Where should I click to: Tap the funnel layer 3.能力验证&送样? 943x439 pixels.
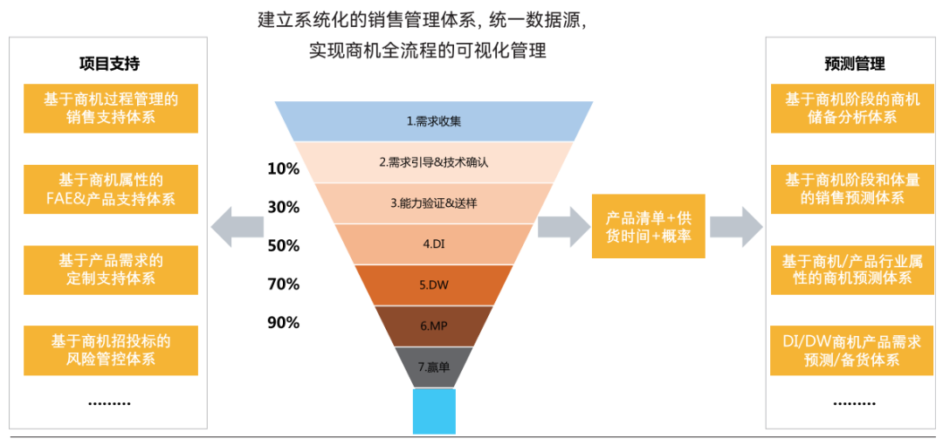point(433,202)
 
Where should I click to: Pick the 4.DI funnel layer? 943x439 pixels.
point(433,244)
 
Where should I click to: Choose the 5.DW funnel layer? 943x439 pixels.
point(433,285)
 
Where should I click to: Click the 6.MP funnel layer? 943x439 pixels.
point(433,326)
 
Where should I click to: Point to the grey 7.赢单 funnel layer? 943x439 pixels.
point(433,367)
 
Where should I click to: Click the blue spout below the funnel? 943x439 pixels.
point(433,410)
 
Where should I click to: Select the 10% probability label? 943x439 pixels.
point(283,169)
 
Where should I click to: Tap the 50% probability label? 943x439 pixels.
point(283,245)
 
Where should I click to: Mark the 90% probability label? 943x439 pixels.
point(283,322)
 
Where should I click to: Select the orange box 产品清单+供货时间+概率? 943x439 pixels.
point(648,226)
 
